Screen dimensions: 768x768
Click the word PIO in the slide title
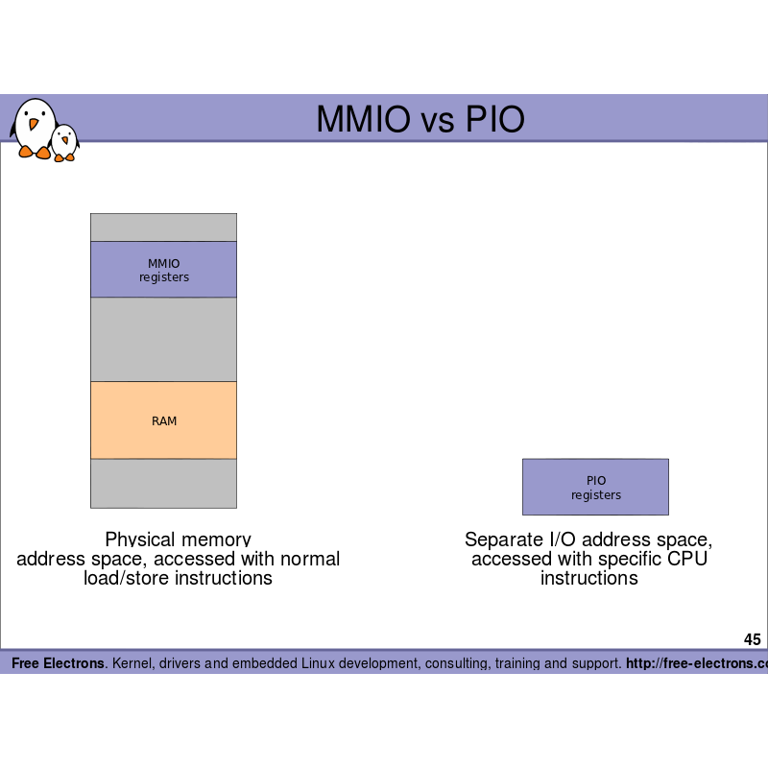point(495,119)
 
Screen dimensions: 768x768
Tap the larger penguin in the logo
point(35,127)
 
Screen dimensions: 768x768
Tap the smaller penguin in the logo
point(64,143)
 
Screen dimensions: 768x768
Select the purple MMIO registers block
point(163,270)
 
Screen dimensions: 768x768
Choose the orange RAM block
point(163,420)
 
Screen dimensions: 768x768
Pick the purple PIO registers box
point(595,488)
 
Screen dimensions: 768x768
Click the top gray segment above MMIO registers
point(163,228)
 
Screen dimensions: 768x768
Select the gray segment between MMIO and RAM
point(163,340)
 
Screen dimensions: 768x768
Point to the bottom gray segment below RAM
point(163,483)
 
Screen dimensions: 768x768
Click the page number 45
point(752,640)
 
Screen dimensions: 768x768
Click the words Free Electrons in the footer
point(58,663)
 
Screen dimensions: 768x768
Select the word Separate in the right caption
point(500,540)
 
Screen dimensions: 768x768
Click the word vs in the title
point(428,119)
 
